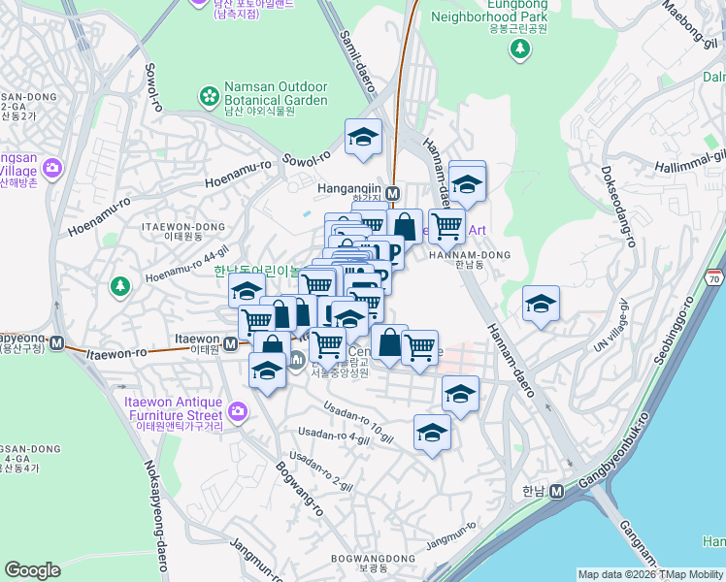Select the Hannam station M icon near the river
point(556,491)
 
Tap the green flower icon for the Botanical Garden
point(208,95)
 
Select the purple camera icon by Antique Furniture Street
point(238,412)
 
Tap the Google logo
point(32,570)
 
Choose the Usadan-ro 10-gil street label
point(360,416)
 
